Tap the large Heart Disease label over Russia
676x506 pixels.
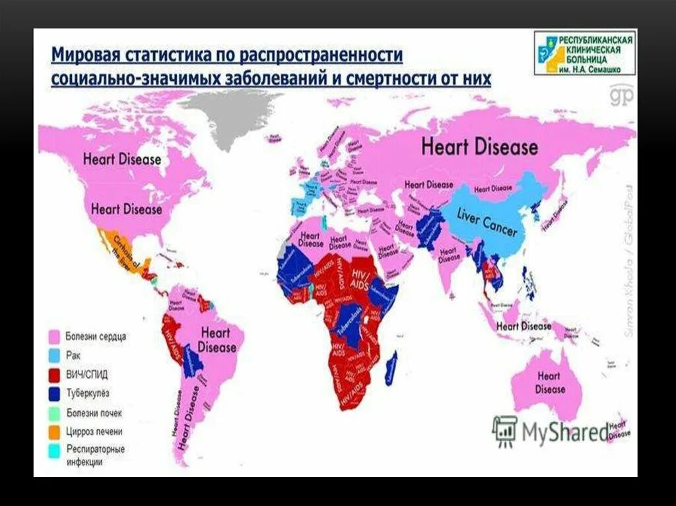click(479, 146)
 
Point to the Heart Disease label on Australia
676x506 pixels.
click(549, 383)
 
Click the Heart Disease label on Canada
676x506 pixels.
click(122, 159)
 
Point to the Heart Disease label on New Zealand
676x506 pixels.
click(619, 430)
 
